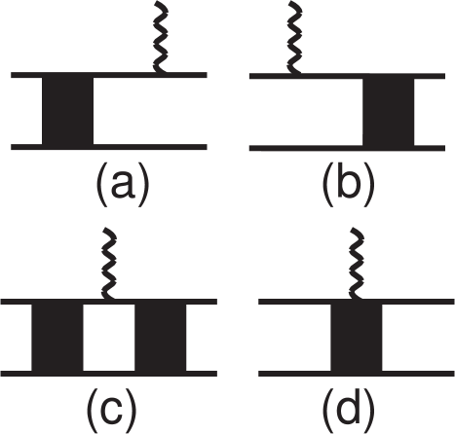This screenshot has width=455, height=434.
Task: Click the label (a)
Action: click(x=123, y=185)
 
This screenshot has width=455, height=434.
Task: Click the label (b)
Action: click(x=348, y=185)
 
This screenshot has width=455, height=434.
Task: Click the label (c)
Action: click(x=111, y=411)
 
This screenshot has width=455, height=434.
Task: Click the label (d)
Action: click(x=348, y=411)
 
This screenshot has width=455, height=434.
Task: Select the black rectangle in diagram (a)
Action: click(x=68, y=111)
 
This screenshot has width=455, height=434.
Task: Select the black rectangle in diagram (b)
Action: click(x=389, y=112)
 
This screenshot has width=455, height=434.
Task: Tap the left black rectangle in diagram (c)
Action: click(x=57, y=338)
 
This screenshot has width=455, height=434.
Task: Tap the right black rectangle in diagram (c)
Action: click(x=161, y=338)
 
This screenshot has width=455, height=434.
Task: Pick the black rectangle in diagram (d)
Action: click(x=357, y=338)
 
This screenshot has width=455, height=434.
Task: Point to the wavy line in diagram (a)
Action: click(x=161, y=37)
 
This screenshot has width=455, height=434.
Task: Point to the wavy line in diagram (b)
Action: click(x=295, y=37)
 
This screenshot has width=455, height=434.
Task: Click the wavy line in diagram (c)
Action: click(x=109, y=264)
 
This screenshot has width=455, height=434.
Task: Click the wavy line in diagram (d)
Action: click(x=357, y=264)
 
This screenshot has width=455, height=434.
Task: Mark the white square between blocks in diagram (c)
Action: click(x=109, y=338)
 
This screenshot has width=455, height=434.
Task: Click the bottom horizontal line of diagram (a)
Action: click(x=109, y=147)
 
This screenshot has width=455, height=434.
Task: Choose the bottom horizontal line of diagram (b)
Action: click(x=347, y=148)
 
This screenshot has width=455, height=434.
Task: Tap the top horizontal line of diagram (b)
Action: click(x=347, y=76)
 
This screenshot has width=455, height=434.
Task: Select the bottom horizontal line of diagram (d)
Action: click(x=357, y=374)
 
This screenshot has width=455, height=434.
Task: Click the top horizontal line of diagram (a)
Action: click(x=109, y=75)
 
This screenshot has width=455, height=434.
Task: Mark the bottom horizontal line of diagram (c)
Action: click(x=109, y=374)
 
